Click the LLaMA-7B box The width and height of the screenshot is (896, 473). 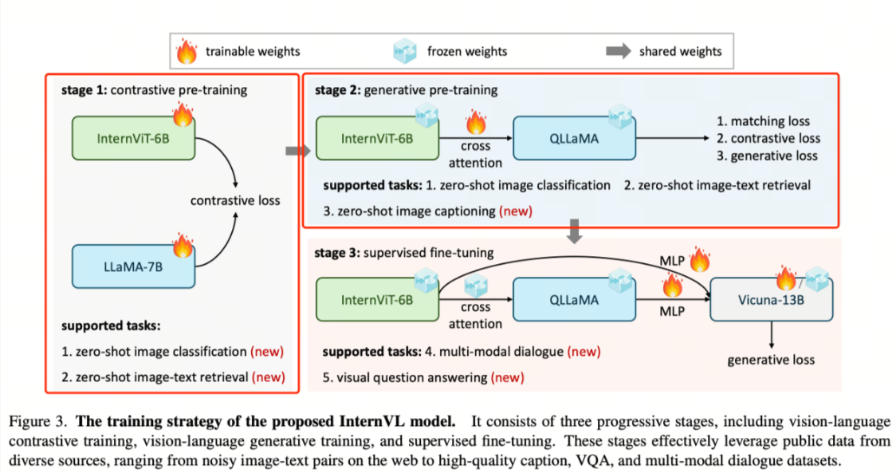click(133, 266)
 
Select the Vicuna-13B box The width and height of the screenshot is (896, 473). click(771, 300)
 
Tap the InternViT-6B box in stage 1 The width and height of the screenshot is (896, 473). click(133, 138)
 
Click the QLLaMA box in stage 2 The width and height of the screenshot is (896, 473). click(574, 138)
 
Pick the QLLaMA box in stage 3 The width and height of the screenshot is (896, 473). click(574, 300)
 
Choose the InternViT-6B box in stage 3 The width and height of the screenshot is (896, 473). click(377, 300)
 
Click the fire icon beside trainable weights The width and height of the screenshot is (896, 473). click(187, 51)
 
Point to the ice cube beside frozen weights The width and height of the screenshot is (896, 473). click(405, 51)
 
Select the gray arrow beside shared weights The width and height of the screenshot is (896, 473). click(619, 51)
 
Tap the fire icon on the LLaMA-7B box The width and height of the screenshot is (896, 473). click(183, 245)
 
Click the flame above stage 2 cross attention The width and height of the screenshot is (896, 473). click(475, 122)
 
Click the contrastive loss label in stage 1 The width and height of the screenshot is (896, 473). click(235, 200)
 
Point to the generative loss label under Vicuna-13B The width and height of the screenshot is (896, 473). click(771, 360)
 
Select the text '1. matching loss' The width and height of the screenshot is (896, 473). click(763, 120)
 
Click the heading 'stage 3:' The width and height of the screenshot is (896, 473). click(337, 253)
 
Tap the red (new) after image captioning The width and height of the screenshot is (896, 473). click(516, 211)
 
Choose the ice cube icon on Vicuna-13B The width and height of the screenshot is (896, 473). click(817, 278)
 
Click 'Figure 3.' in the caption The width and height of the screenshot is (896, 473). click(37, 421)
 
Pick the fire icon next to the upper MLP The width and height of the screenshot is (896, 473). click(699, 260)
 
